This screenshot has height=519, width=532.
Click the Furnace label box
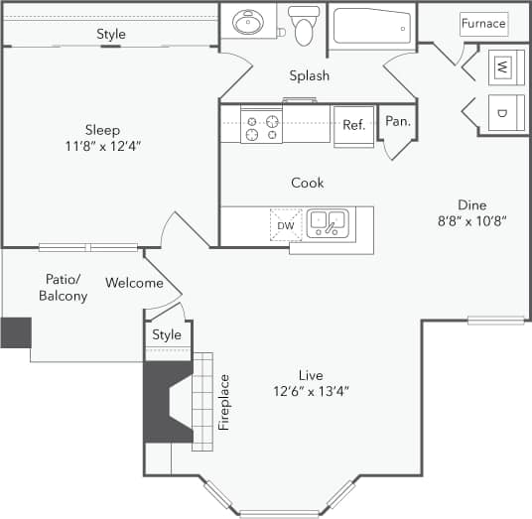click(x=483, y=23)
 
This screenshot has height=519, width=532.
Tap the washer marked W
click(x=502, y=67)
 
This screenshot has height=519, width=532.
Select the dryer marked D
click(x=502, y=113)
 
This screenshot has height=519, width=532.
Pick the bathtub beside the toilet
click(x=373, y=26)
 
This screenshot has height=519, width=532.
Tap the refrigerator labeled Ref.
click(x=353, y=126)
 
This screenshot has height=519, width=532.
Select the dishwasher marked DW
click(x=285, y=226)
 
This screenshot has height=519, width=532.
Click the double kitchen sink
click(x=327, y=223)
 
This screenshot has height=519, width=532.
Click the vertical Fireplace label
click(x=224, y=401)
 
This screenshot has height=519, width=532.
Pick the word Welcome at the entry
click(x=134, y=283)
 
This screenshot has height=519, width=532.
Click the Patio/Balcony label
click(x=63, y=288)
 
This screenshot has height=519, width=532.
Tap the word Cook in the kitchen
click(x=307, y=183)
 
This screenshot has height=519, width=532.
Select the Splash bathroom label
click(x=309, y=76)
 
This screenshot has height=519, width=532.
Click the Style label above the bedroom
click(x=111, y=34)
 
